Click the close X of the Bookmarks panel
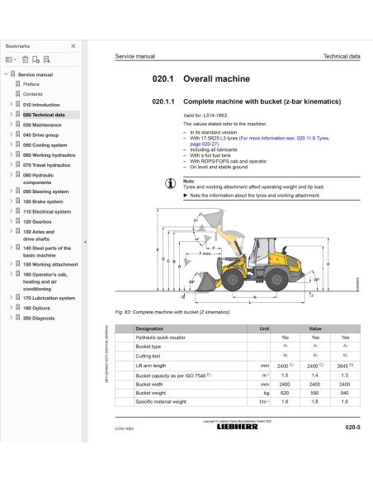pyautogui.click(x=73, y=46)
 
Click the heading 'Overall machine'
pyautogui.click(x=213, y=83)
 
